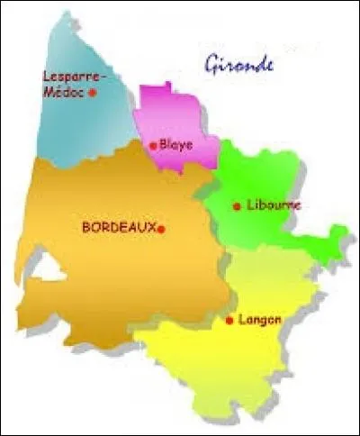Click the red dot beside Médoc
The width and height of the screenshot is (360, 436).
tap(93, 91)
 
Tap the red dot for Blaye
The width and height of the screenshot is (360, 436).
tap(154, 144)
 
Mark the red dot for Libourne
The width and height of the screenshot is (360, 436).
tap(237, 206)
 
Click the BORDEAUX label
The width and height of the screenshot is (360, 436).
tap(119, 228)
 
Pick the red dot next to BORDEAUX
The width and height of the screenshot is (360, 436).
tap(162, 229)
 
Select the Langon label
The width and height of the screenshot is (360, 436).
tap(261, 319)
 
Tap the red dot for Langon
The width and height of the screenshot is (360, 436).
tap(231, 320)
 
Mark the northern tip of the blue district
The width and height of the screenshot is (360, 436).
tap(64, 15)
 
